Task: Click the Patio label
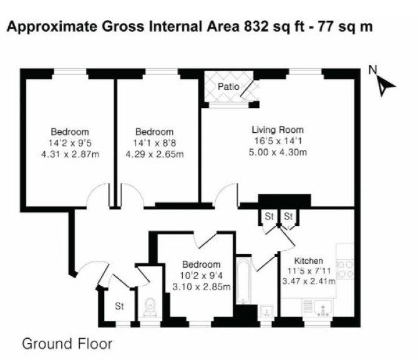(x=228, y=86)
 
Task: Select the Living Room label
(x=278, y=130)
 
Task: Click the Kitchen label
(x=308, y=261)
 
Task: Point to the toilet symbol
(x=150, y=307)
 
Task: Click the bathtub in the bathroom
(x=243, y=280)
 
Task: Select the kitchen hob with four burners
(x=345, y=270)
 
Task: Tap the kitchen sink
(x=323, y=308)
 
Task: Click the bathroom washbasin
(x=266, y=311)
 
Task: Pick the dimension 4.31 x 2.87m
(x=70, y=154)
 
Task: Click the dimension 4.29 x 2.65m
(x=155, y=154)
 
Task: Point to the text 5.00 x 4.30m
(x=278, y=152)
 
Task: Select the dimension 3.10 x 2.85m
(x=202, y=287)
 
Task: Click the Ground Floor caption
(x=67, y=344)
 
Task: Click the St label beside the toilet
(x=119, y=306)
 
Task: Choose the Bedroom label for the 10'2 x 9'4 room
(x=202, y=265)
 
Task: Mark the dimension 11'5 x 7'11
(x=309, y=271)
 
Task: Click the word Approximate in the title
(x=52, y=27)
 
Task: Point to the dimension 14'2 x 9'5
(x=70, y=144)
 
